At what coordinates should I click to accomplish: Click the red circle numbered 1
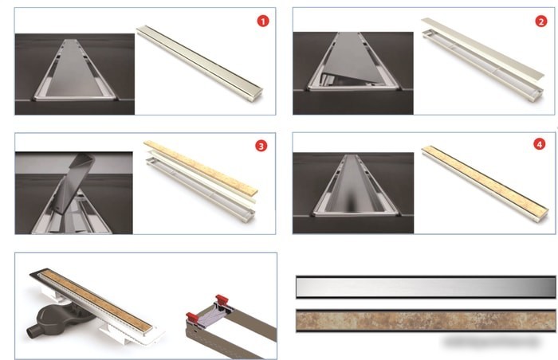[263, 22]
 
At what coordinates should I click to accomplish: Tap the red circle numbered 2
[541, 22]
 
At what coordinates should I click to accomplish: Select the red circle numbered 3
[261, 146]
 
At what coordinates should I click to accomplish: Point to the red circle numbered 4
[540, 144]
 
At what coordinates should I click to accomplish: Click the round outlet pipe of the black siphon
[31, 331]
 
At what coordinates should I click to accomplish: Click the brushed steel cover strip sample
[426, 287]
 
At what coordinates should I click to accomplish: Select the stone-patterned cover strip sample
[426, 320]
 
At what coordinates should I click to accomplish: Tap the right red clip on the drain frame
[222, 299]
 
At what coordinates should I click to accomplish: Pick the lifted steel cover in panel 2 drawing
[482, 47]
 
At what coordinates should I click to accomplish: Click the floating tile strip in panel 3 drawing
[201, 167]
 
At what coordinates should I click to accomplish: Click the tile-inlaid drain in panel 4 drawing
[485, 183]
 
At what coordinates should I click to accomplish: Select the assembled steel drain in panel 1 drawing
[200, 63]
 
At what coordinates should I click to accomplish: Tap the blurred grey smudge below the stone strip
[491, 342]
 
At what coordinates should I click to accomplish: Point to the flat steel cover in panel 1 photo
[75, 69]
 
